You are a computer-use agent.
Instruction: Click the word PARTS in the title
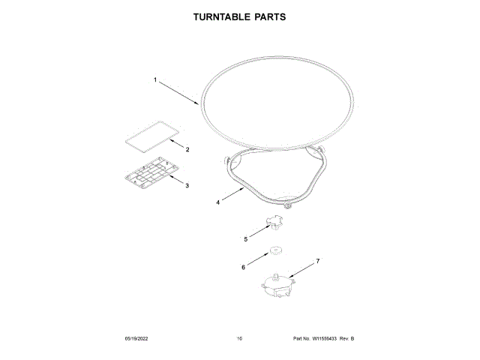[x=269, y=16]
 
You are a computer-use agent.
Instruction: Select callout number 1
[x=155, y=79]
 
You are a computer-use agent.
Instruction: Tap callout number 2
[x=187, y=149]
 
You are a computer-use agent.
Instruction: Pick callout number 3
[x=187, y=185]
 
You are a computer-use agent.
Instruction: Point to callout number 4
[x=218, y=202]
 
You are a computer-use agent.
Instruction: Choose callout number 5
[x=245, y=239]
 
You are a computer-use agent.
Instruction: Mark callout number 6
[x=243, y=265]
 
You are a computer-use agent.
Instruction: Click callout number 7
[x=317, y=261]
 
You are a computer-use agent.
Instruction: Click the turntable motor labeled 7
[x=277, y=287]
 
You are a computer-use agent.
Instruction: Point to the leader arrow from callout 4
[x=232, y=195]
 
